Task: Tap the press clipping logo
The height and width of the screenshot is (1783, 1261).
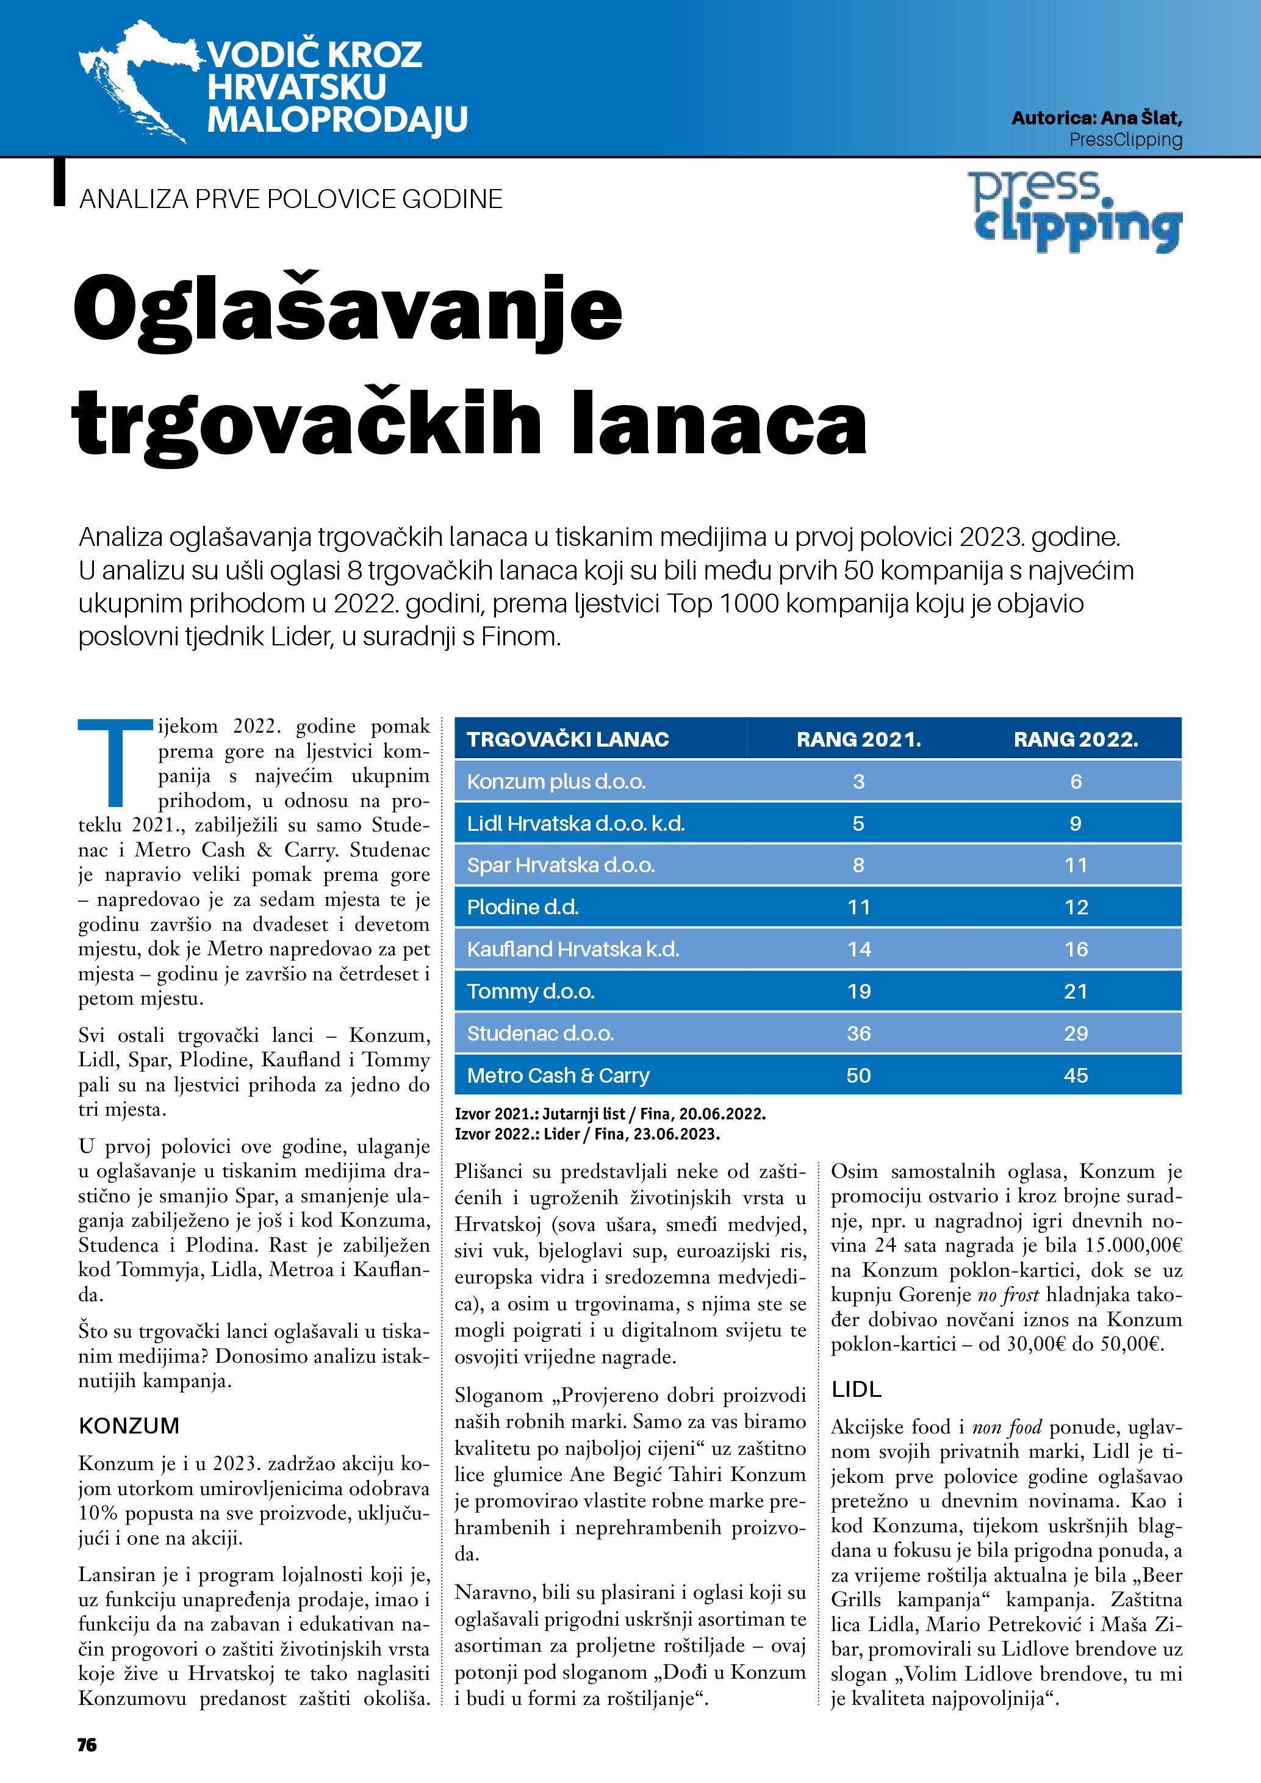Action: (x=1076, y=211)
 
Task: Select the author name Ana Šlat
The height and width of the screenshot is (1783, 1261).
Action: (x=1141, y=118)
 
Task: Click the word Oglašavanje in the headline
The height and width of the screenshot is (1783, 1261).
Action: (x=348, y=310)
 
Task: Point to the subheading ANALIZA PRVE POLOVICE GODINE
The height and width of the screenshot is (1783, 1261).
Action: (x=290, y=199)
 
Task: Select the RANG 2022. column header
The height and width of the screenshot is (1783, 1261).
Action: (x=1076, y=739)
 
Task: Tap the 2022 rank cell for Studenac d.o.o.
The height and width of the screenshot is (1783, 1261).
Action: (x=1076, y=1033)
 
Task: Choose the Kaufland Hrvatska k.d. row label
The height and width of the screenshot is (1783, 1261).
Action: (x=573, y=949)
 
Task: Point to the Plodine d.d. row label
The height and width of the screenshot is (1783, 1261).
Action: (x=523, y=907)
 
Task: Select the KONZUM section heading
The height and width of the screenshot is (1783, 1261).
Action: (x=129, y=1426)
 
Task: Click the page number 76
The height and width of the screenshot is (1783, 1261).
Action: (x=87, y=1745)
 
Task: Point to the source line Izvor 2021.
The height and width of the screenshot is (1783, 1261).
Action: (x=609, y=1114)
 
